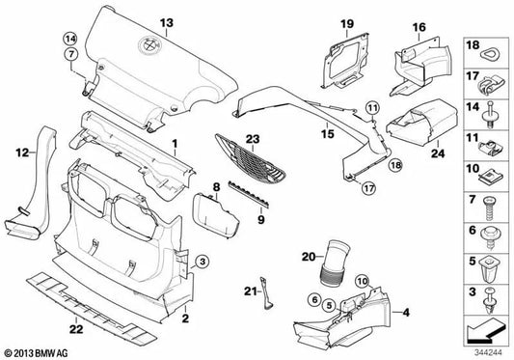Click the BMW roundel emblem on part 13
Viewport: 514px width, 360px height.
coord(149,45)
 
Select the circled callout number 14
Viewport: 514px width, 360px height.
coord(70,39)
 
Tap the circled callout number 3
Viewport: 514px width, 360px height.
coord(203,262)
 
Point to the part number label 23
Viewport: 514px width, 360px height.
coord(253,139)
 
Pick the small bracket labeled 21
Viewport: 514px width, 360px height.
coord(266,293)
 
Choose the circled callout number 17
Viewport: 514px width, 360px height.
coord(368,188)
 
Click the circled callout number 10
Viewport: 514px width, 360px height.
coord(363,281)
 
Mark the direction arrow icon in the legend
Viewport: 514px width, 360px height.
coord(485,331)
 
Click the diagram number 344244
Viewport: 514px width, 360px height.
coord(488,353)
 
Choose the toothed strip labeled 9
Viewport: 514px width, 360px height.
coord(250,194)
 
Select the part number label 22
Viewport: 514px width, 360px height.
coord(76,329)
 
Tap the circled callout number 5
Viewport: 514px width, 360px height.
coord(329,306)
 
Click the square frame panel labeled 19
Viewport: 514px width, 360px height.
coord(345,61)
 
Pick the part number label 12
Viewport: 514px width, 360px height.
coord(22,152)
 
